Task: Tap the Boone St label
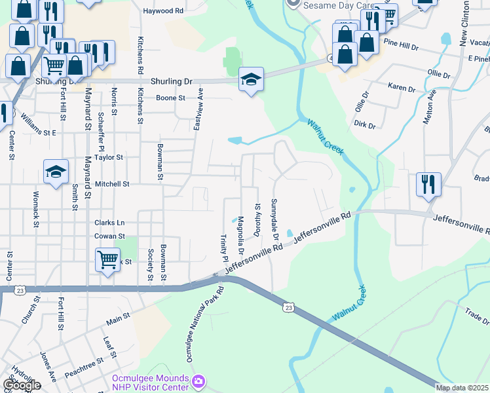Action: pos(171,98)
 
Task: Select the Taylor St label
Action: pos(109,157)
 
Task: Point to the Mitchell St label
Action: pos(113,185)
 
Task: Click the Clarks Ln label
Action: pos(109,222)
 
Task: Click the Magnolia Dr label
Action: pos(240,236)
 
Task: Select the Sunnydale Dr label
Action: pos(275,219)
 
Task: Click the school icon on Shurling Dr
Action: pos(251,80)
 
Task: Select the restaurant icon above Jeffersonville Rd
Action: pos(428,185)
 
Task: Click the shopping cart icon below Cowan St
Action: pos(107,259)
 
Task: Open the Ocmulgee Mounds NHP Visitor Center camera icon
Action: pos(199,381)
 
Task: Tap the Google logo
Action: pos(21,385)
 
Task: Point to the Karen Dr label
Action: pos(402,88)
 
